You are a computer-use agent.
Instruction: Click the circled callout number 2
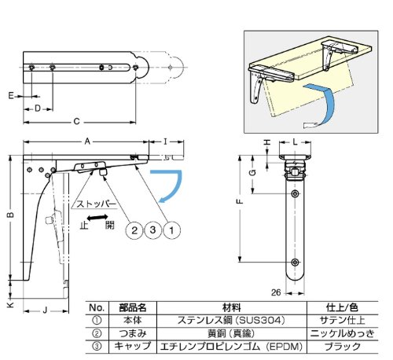pos(134,230)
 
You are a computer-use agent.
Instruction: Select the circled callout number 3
pos(152,230)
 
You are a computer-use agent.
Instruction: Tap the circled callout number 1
pos(171,230)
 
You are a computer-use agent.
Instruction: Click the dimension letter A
pos(87,141)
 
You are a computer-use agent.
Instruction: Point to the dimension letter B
pos(10,215)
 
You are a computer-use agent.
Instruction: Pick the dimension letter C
pos(76,122)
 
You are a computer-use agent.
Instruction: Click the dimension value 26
pos(276,292)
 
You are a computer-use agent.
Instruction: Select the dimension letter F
pos(240,201)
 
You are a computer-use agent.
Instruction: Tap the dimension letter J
pos(45,310)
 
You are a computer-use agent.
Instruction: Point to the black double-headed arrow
pos(97,217)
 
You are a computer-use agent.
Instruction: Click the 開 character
pos(110,226)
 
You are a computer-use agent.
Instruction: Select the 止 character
pos(84,226)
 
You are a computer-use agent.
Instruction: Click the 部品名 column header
pos(133,307)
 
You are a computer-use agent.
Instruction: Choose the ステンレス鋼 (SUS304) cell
pos(231,320)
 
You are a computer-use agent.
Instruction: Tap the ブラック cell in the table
pos(343,347)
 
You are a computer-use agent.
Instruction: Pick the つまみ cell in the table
pos(133,333)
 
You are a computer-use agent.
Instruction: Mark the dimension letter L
pos(295,141)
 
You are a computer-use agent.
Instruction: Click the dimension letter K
pos(10,304)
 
